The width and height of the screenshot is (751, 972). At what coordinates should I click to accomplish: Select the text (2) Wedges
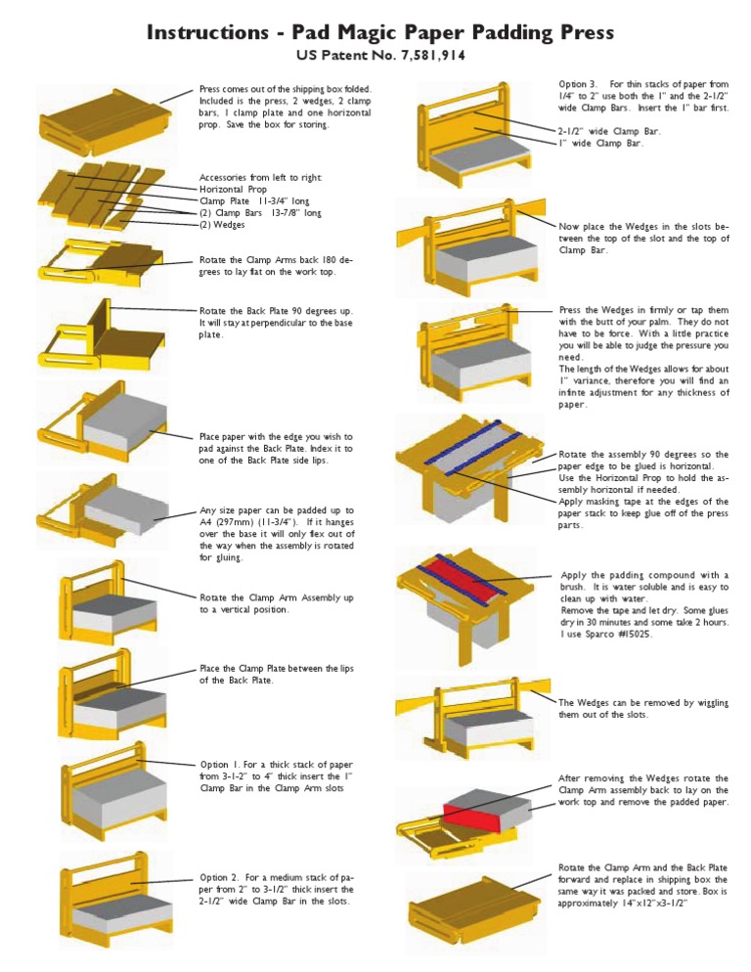point(222,224)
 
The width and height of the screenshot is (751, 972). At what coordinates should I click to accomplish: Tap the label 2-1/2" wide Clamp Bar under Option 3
point(609,131)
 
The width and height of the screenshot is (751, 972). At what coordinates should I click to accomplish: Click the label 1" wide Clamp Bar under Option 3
point(600,143)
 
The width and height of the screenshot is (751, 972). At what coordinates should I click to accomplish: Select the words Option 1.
point(220,765)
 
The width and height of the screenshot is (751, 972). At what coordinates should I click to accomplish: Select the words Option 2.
point(220,877)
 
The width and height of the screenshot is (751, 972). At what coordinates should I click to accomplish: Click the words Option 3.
point(578,84)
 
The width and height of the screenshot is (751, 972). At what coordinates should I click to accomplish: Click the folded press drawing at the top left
point(105,124)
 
